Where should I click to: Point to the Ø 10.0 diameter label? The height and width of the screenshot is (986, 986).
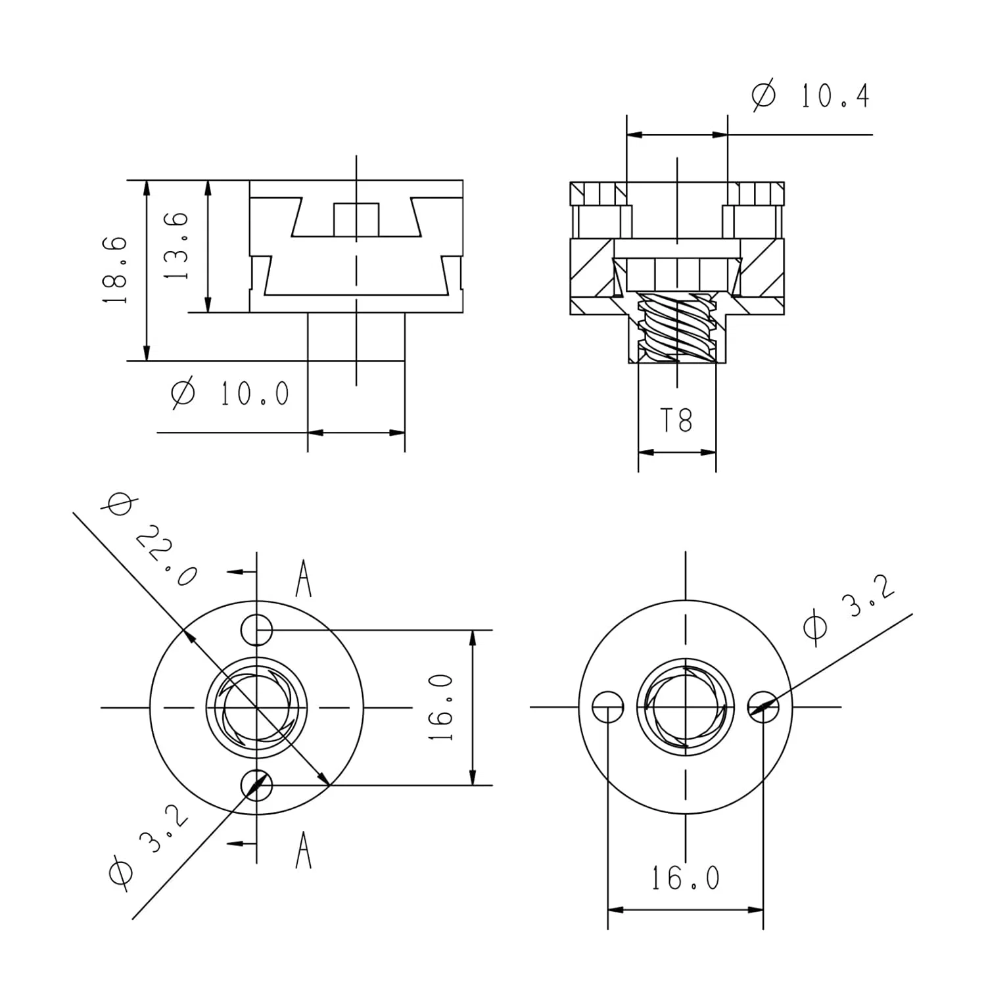click(x=230, y=394)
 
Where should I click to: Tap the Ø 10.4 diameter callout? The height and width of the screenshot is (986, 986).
click(x=810, y=96)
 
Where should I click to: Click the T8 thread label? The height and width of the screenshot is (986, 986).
click(x=676, y=420)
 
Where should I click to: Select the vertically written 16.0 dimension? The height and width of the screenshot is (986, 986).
click(x=441, y=707)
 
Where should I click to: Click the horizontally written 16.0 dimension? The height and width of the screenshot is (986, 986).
click(x=685, y=878)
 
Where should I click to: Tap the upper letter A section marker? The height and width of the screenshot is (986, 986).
click(x=303, y=578)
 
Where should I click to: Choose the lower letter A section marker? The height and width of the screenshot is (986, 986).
click(x=303, y=849)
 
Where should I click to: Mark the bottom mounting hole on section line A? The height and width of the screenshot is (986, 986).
click(x=256, y=784)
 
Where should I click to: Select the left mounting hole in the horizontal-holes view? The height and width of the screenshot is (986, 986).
click(x=608, y=707)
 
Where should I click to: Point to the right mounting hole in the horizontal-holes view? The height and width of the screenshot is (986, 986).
click(x=764, y=707)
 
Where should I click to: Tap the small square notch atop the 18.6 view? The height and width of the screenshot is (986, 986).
click(x=356, y=220)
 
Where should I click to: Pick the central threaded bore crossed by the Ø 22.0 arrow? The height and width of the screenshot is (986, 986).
click(x=256, y=708)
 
